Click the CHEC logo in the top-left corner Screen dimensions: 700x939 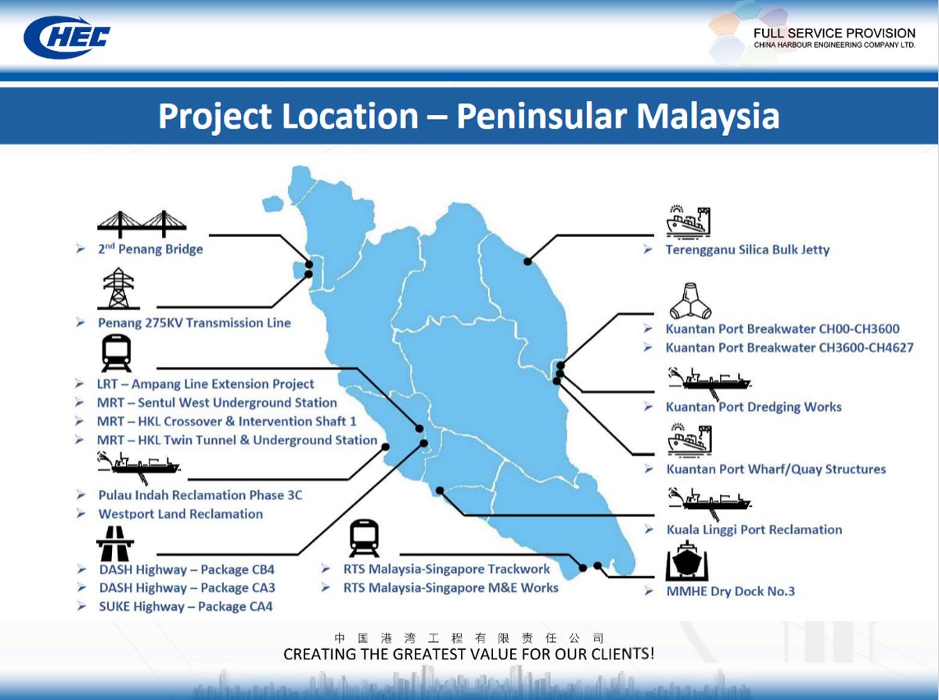click(x=67, y=37)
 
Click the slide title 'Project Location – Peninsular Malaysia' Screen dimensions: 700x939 click(x=469, y=116)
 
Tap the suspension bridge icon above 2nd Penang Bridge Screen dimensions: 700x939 click(x=142, y=224)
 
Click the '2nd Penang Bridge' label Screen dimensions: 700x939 click(x=150, y=249)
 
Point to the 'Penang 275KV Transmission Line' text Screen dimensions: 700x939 click(x=194, y=323)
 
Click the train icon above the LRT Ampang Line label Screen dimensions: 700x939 click(x=117, y=354)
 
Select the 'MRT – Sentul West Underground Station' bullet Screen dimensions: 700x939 click(x=217, y=403)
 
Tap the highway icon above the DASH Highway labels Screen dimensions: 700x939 click(x=115, y=541)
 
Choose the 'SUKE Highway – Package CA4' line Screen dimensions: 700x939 click(x=185, y=607)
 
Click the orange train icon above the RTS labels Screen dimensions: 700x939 click(x=364, y=538)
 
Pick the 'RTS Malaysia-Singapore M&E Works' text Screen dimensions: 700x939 click(x=451, y=588)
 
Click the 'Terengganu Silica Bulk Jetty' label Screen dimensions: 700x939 click(x=747, y=250)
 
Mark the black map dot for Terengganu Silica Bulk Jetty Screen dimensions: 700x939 click(x=528, y=261)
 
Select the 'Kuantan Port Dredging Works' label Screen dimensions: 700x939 click(x=754, y=407)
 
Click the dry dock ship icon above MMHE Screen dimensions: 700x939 click(x=688, y=561)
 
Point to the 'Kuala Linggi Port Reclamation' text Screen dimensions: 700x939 click(x=754, y=530)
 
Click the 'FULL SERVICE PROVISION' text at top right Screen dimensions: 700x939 click(x=834, y=34)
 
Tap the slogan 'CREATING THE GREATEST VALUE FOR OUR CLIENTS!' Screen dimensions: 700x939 click(x=469, y=654)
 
